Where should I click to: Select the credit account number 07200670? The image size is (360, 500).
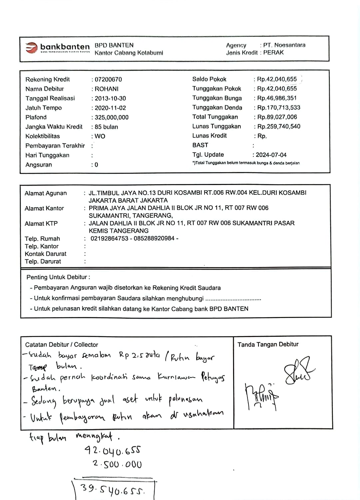click(108, 80)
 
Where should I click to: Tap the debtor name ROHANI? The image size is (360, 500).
click(107, 89)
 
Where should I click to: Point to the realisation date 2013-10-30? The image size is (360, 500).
click(110, 98)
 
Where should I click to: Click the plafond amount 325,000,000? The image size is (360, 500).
click(112, 117)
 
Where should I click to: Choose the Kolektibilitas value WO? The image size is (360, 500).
click(100, 136)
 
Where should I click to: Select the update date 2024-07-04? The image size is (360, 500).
click(271, 155)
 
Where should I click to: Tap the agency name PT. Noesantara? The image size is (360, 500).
click(284, 45)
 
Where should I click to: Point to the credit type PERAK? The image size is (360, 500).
click(273, 52)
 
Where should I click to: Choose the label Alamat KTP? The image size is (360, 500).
click(41, 223)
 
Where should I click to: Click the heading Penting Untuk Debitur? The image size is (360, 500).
click(58, 277)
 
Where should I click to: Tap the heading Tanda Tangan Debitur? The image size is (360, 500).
click(268, 344)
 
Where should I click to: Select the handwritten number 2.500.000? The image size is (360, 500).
click(117, 464)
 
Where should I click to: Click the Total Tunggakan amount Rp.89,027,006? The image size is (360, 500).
click(277, 117)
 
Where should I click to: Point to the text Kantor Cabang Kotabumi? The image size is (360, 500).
click(129, 53)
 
